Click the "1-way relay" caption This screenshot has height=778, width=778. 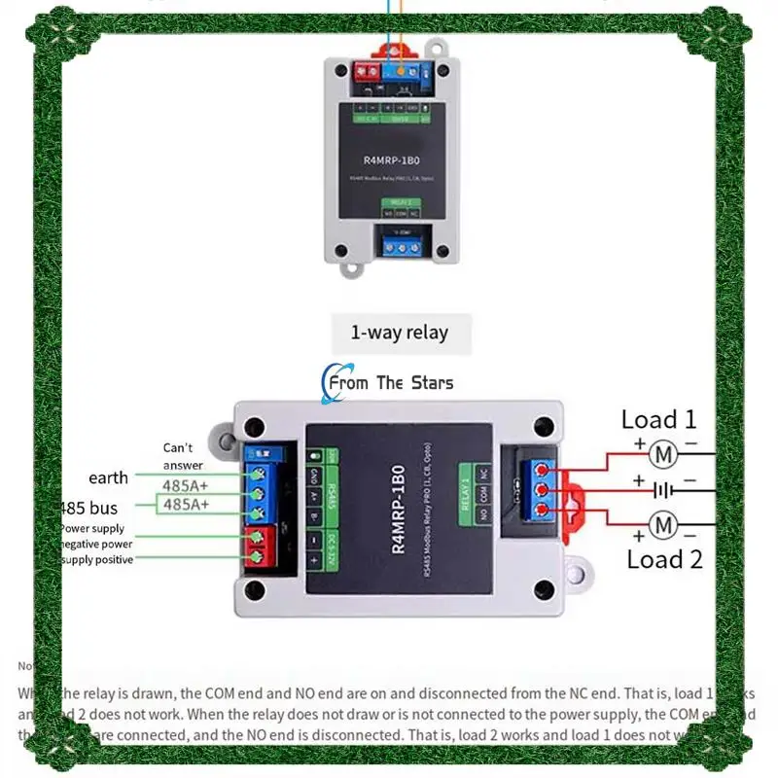click(x=399, y=333)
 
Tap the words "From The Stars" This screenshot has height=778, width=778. click(x=391, y=383)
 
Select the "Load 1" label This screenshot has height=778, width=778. click(x=659, y=420)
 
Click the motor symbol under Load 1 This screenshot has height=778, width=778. click(x=662, y=453)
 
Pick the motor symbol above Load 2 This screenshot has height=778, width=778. click(x=662, y=526)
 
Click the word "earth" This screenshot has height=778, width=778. click(x=108, y=477)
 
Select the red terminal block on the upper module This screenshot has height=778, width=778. click(x=369, y=71)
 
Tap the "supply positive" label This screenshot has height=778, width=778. click(x=97, y=560)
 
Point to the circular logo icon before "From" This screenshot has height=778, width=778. click(x=328, y=383)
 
